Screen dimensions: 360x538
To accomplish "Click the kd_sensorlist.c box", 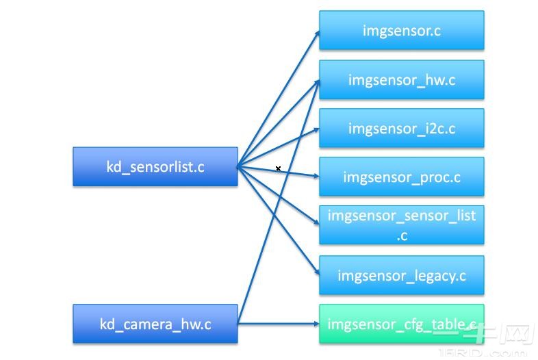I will [x=155, y=166].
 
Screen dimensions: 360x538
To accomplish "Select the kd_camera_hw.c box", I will [x=155, y=324].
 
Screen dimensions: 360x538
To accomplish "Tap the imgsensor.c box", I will [x=401, y=30].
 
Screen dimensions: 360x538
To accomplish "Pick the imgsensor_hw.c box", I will [x=401, y=79].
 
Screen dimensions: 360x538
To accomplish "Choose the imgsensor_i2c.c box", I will [x=401, y=128].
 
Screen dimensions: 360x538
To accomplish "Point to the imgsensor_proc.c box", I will [x=401, y=177].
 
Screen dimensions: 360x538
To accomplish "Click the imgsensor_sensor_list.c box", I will [x=401, y=224].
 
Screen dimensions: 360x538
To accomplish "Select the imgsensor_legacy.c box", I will [x=401, y=276].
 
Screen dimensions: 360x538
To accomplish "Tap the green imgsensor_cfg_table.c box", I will [x=401, y=324].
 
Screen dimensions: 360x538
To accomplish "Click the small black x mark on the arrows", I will [x=279, y=168].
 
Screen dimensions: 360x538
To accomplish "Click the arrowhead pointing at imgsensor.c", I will [x=316, y=34].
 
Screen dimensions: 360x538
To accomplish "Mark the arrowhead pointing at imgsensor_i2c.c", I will [x=315, y=130].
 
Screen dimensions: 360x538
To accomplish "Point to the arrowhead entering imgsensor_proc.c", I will [x=315, y=177].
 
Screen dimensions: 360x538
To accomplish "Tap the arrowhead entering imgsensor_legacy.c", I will [x=315, y=273].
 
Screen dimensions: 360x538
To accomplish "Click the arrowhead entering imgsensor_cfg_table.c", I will [x=315, y=324].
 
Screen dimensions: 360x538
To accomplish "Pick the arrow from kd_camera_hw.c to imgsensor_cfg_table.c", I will [x=277, y=324].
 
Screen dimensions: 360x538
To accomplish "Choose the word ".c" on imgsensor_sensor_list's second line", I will [x=402, y=235].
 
